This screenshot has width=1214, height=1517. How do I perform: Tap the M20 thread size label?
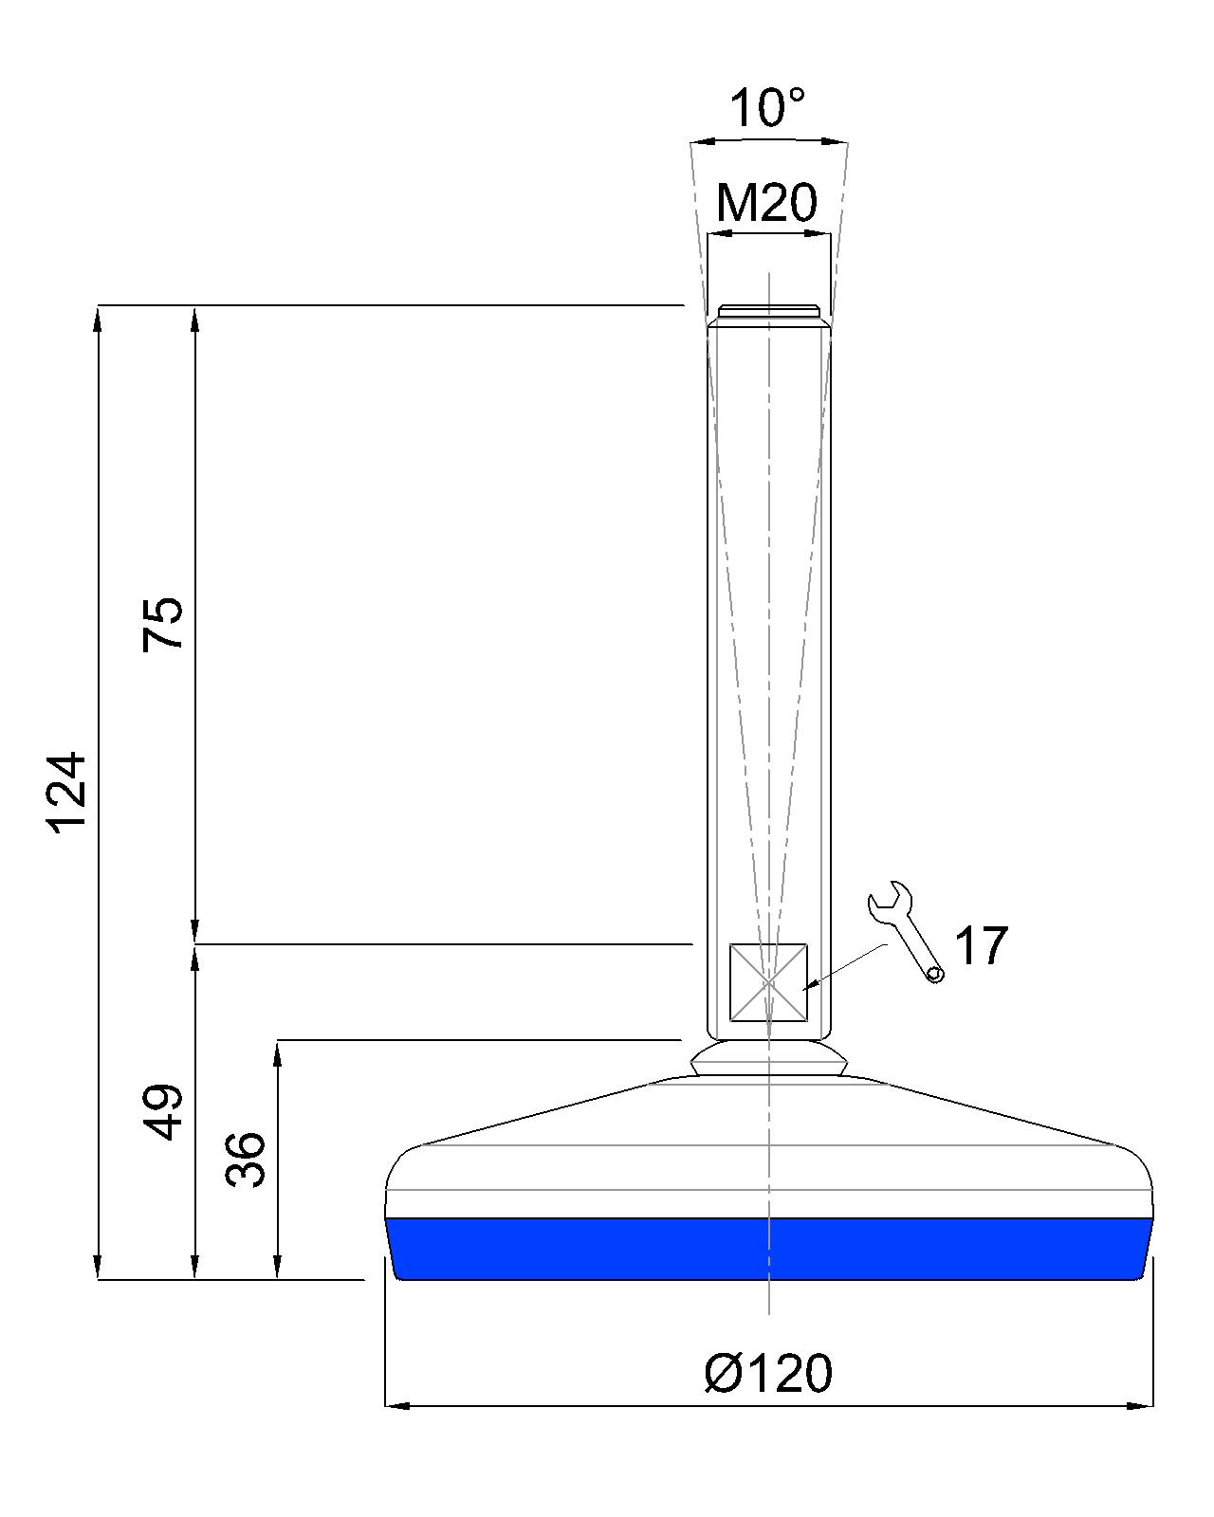coord(766,201)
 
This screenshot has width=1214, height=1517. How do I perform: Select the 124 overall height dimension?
coord(68,793)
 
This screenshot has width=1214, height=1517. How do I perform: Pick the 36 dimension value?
coord(246,1159)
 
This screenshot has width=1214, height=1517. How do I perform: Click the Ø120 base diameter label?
coord(768,1372)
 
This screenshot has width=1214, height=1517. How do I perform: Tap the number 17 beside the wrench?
coord(980,946)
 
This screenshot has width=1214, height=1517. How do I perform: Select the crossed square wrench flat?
coord(768,982)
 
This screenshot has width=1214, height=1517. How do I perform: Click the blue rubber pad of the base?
coord(768,1248)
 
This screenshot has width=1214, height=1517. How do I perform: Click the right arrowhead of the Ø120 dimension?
coord(1143,1405)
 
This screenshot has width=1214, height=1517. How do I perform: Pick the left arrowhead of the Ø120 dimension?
coord(395,1405)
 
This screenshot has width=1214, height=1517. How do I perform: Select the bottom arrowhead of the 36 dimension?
coord(278,1268)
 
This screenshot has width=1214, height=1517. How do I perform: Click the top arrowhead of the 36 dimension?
coord(278,1051)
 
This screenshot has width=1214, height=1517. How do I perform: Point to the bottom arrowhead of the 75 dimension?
coord(194,933)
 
